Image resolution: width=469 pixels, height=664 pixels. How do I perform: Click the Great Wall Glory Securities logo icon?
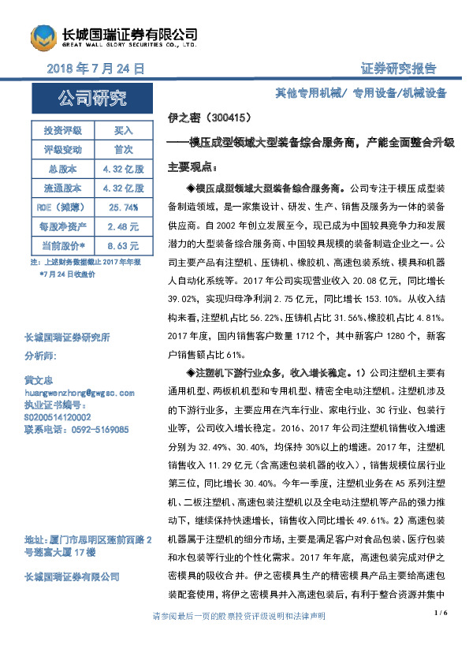[45, 37]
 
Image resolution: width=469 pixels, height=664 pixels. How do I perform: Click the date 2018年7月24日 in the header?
[95, 69]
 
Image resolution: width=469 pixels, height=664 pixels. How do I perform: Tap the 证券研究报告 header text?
[399, 69]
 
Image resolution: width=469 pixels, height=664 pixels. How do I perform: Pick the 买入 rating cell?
[124, 130]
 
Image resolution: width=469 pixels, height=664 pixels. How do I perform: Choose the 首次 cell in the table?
[124, 149]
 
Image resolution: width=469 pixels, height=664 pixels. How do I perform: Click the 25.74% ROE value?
[124, 207]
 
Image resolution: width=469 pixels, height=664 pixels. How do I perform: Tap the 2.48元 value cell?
[124, 226]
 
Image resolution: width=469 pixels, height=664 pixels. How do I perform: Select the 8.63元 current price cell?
[124, 245]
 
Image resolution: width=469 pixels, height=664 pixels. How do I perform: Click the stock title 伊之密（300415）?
[210, 118]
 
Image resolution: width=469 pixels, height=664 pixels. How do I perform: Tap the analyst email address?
[80, 391]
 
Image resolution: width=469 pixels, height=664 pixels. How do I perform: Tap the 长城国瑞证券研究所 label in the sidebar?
[67, 338]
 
